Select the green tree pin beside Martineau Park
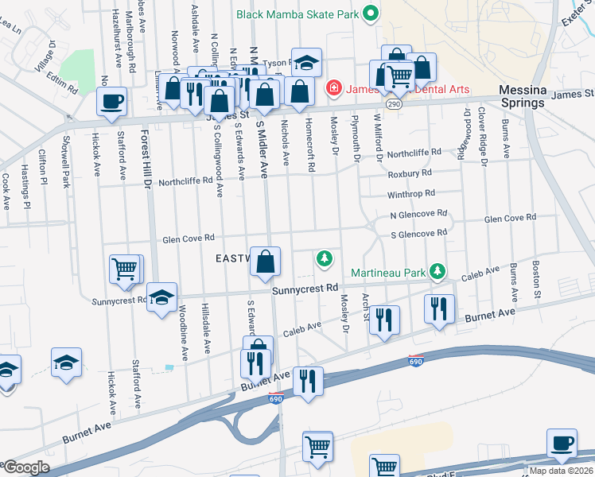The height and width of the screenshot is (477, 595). click(437, 273)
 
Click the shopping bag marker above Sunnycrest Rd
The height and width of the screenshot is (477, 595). click(265, 262)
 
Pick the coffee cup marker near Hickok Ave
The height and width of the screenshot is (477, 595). click(111, 101)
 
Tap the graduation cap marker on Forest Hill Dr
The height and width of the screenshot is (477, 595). click(161, 298)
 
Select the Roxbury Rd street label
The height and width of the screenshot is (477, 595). click(410, 172)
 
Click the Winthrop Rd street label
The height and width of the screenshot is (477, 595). click(411, 193)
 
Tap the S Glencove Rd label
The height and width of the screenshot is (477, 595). click(418, 233)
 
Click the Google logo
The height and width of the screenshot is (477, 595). click(27, 467)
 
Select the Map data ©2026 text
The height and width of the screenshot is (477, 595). click(562, 471)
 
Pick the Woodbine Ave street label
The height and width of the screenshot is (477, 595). click(182, 332)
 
